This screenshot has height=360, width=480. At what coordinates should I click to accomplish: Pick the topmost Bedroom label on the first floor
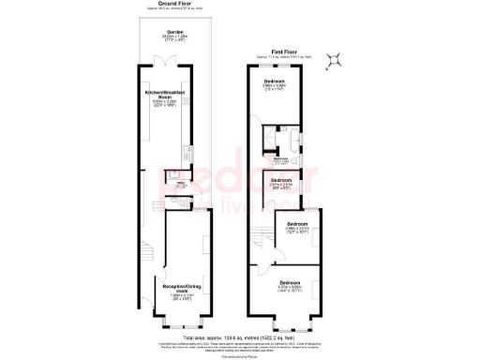point(276,82)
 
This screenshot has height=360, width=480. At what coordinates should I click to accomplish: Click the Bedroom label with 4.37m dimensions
point(290,283)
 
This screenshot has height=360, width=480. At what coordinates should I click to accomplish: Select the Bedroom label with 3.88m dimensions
point(297,225)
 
